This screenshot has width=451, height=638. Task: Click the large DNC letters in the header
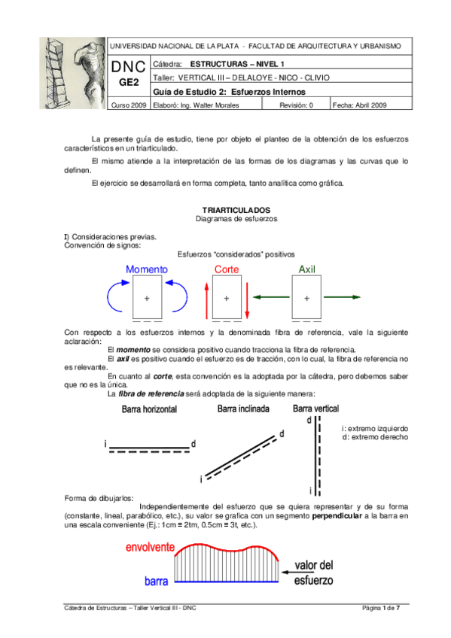click(130, 68)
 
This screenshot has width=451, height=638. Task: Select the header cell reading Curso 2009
click(130, 105)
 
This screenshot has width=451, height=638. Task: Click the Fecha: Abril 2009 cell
click(360, 105)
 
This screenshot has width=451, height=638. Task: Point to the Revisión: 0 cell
click(297, 105)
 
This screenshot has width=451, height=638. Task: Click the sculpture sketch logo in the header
click(72, 73)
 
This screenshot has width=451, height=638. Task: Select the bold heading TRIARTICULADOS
click(226, 209)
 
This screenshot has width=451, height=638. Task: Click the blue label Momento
click(147, 269)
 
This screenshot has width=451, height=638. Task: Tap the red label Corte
click(227, 269)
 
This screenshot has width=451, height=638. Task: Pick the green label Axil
click(306, 269)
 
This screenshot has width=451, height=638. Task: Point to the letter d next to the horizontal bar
click(193, 445)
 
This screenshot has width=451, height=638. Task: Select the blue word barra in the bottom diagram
click(156, 582)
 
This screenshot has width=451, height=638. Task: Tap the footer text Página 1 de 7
click(380, 607)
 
